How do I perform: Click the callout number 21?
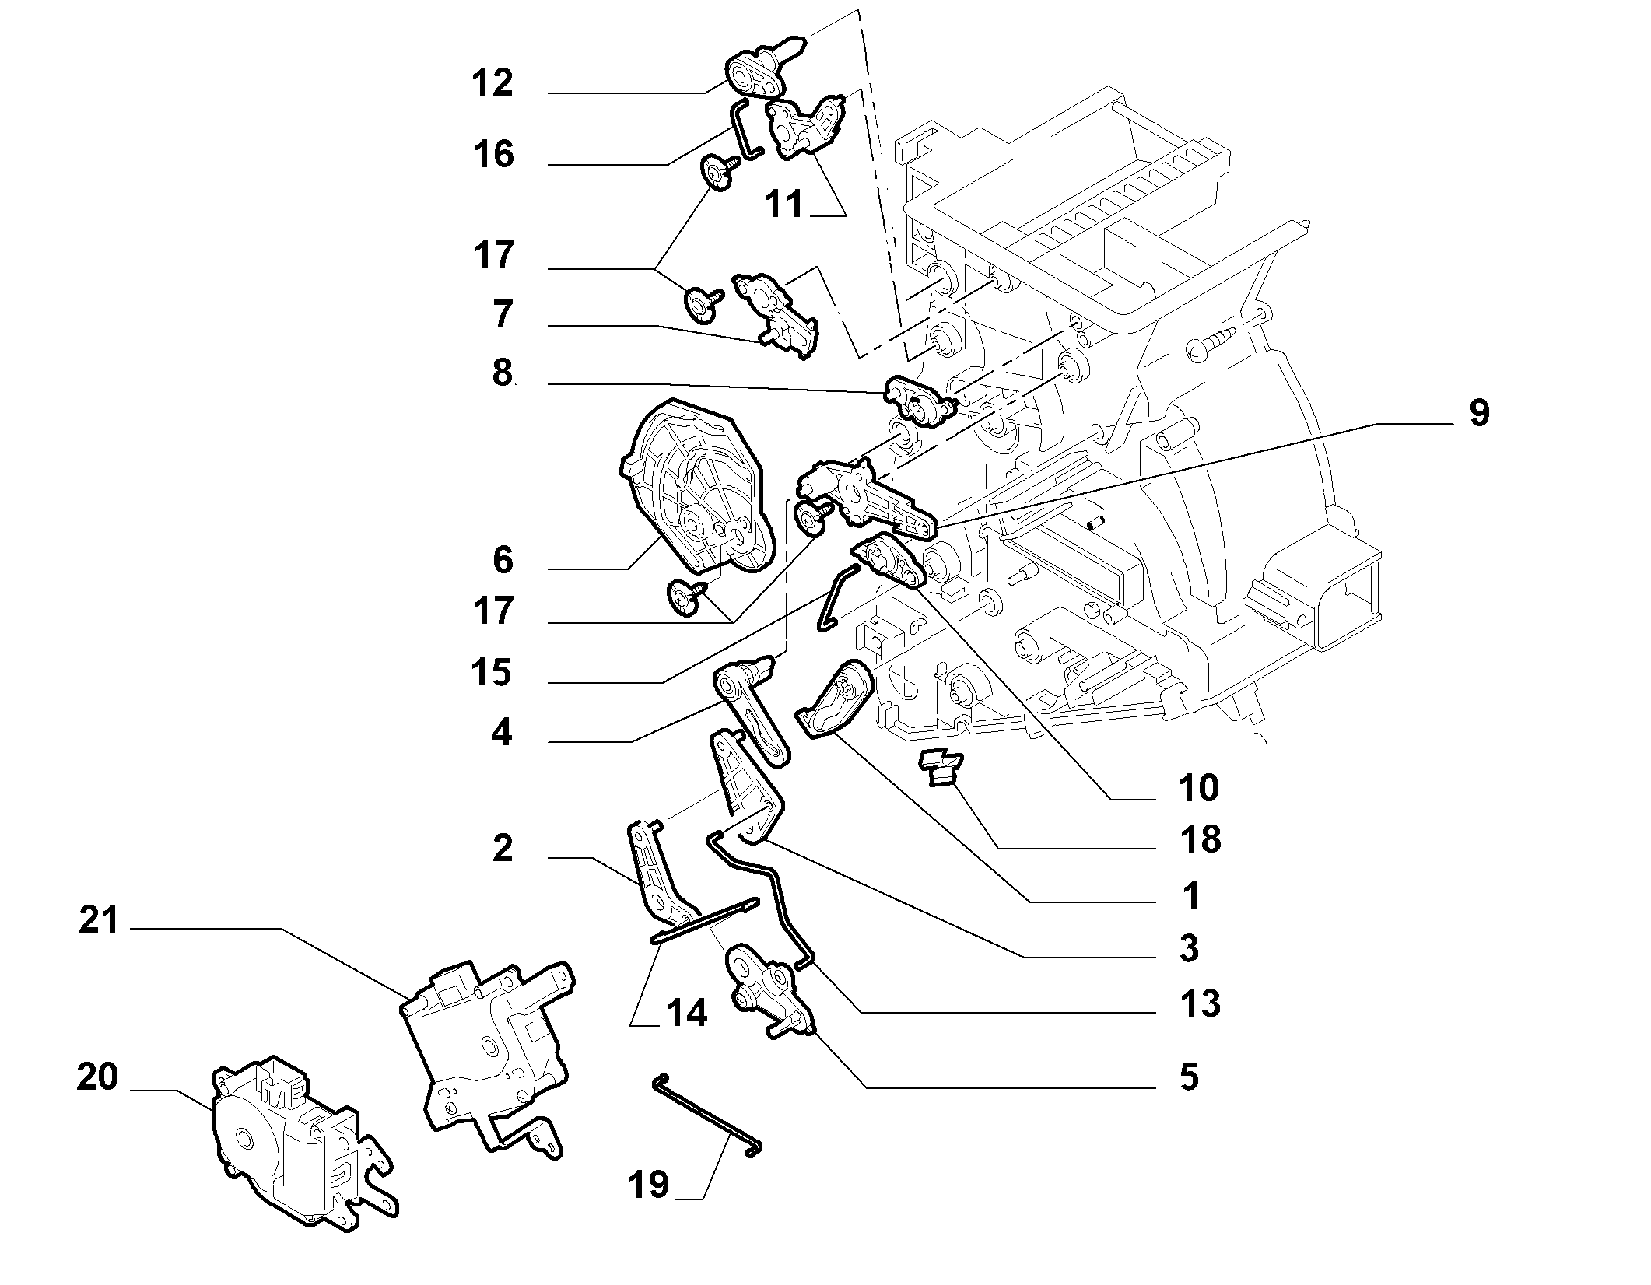98,921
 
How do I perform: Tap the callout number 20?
98,1077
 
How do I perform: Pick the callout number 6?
503,560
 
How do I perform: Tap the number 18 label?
1201,840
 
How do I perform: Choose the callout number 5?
1189,1077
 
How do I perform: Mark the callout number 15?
491,672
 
